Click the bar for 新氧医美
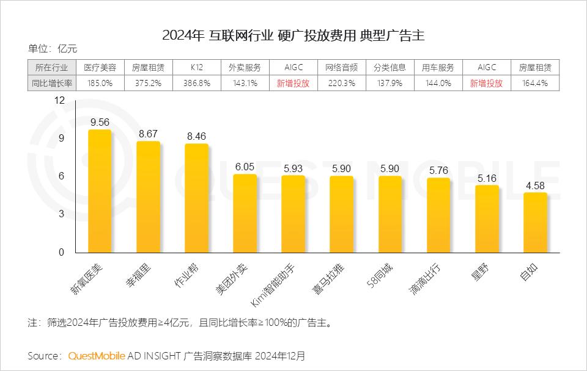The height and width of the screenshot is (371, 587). tap(100, 192)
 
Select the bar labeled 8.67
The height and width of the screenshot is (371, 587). tap(148, 197)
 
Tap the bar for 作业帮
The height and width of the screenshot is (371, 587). tap(196, 198)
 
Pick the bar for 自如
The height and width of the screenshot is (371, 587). tap(535, 223)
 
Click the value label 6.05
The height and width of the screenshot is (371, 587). tap(245, 166)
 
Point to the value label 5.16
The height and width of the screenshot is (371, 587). tap(487, 178)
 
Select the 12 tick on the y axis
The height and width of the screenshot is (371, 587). tap(59, 101)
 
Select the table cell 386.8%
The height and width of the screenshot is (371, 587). tap(196, 84)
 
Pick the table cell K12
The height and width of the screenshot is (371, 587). tap(196, 68)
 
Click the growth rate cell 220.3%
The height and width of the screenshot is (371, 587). tap(341, 84)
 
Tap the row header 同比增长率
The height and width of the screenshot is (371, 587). tap(52, 84)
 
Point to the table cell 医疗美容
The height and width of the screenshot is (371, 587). tap(100, 68)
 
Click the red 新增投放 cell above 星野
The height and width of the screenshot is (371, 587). tap(486, 84)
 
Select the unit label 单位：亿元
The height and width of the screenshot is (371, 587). tap(53, 49)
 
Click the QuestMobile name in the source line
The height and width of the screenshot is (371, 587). tap(97, 355)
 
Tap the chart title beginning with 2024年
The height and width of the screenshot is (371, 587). tap(293, 35)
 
